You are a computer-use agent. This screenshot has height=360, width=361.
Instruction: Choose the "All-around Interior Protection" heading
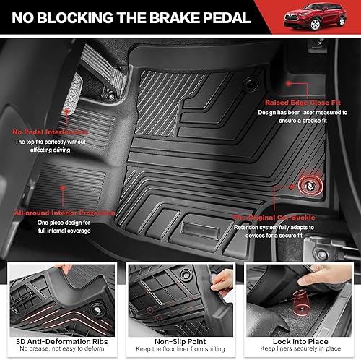tap(64, 213)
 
